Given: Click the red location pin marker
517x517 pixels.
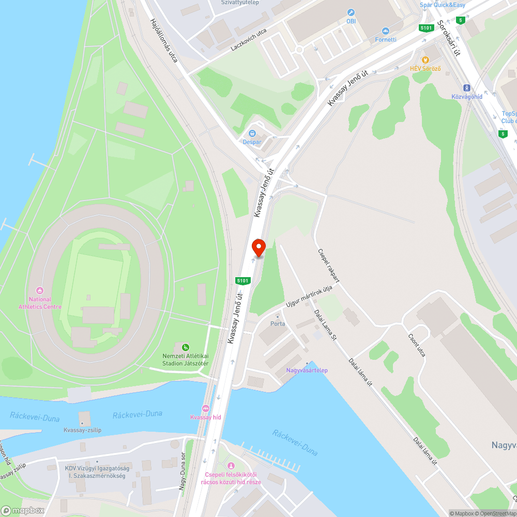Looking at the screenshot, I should [258, 248].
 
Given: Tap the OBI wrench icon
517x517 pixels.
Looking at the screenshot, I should [351, 12].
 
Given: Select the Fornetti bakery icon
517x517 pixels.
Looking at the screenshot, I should [385, 31].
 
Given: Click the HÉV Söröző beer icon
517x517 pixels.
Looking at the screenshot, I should [426, 60].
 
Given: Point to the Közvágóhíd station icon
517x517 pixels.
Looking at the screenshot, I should [467, 88].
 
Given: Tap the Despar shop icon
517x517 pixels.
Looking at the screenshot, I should [252, 133].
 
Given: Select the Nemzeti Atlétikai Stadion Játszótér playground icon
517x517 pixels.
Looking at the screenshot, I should [185, 347].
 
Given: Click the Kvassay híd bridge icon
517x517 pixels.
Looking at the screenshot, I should [206, 408].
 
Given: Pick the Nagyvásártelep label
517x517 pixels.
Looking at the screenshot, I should [307, 370].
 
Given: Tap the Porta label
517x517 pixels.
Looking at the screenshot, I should [278, 324].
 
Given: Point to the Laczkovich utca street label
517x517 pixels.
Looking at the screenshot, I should [249, 40].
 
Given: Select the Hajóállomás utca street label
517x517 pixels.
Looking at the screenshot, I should [163, 41].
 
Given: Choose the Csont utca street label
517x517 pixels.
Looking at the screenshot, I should [416, 345].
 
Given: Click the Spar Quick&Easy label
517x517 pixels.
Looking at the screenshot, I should [443, 6].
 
